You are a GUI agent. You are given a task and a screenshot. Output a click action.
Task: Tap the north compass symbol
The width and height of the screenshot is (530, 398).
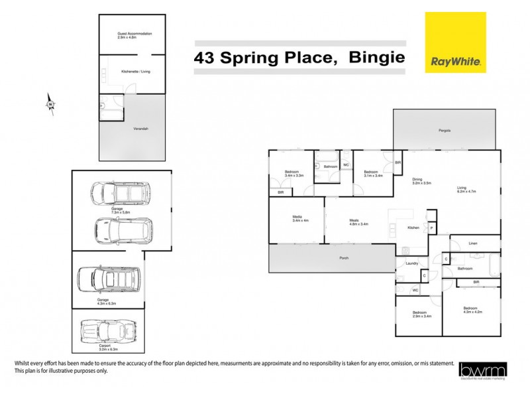pos(50,103)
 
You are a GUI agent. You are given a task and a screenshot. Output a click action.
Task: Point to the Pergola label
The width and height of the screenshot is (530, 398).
pos(444,130)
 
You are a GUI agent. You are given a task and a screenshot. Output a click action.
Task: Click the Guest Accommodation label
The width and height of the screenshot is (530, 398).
pos(134,35)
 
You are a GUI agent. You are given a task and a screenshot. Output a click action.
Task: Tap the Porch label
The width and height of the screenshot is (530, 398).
pos(343,257)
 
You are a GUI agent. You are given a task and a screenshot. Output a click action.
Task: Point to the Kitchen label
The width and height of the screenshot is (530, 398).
pos(413,228)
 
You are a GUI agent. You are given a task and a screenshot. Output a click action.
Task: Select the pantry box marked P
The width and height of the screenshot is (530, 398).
pos(431,228)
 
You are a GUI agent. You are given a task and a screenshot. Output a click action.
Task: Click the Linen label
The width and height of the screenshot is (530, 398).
pos(472,243)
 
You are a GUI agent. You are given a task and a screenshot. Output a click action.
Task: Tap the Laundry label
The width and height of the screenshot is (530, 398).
pos(411,263)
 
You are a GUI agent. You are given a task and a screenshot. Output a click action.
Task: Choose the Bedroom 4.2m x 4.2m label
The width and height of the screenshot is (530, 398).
pos(472,310)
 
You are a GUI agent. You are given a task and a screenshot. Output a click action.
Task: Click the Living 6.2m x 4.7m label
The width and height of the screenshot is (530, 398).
pos(462,189)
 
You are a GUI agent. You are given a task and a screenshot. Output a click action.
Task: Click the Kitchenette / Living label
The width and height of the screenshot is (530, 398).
pos(134,70)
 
